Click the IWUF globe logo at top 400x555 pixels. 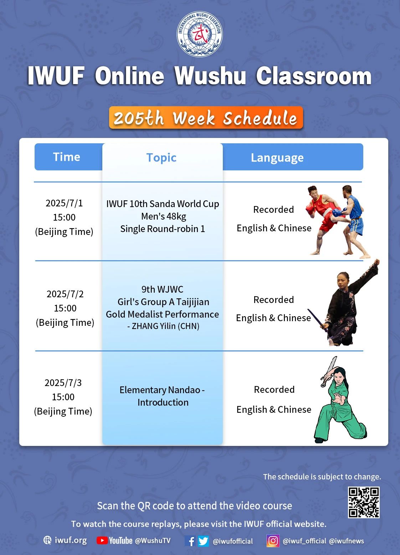click(x=200, y=34)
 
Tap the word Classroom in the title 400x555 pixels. click(x=314, y=76)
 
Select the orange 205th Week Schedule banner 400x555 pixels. click(x=206, y=118)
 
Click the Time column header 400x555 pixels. click(x=67, y=157)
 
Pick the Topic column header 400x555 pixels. click(x=161, y=158)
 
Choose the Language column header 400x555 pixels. click(x=277, y=158)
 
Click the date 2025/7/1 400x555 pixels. click(x=64, y=203)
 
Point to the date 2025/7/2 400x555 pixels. click(x=65, y=294)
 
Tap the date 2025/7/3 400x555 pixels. click(x=63, y=383)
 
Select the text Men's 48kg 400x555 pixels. click(x=164, y=216)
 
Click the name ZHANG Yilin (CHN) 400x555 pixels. click(x=163, y=326)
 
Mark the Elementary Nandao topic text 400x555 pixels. click(x=162, y=396)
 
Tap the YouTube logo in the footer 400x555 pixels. click(x=114, y=540)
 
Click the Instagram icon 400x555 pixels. click(x=273, y=540)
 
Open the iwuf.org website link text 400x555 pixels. click(x=71, y=540)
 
